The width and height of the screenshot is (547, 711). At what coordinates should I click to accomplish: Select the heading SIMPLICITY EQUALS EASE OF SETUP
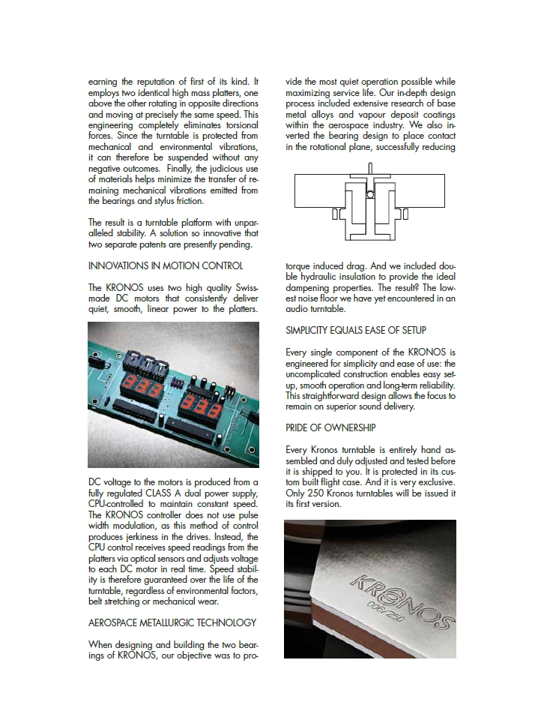(x=366, y=330)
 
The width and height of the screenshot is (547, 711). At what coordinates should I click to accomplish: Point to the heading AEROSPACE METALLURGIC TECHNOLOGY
(x=172, y=622)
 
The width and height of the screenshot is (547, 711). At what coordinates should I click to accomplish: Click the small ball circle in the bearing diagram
(x=369, y=194)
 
